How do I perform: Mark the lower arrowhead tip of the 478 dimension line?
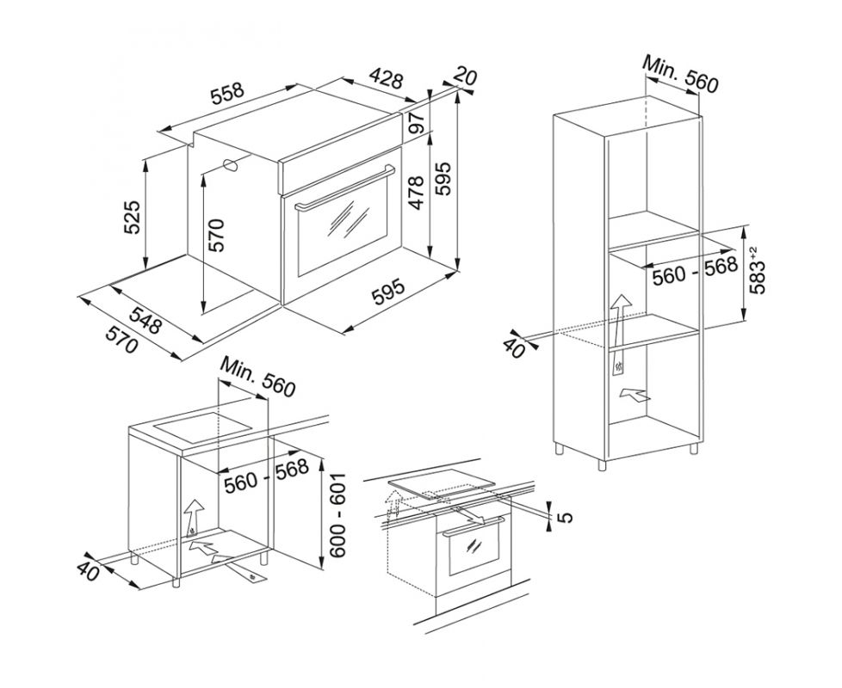[x=430, y=257]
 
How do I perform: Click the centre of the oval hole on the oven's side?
[x=232, y=165]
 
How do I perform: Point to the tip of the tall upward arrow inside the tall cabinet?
[x=622, y=294]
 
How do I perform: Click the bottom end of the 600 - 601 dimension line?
[x=321, y=570]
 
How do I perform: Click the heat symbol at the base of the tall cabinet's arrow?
[x=620, y=368]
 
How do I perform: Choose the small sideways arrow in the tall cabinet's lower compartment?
[x=635, y=396]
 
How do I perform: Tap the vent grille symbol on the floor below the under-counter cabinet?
[x=251, y=576]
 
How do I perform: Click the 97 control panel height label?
[x=418, y=123]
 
